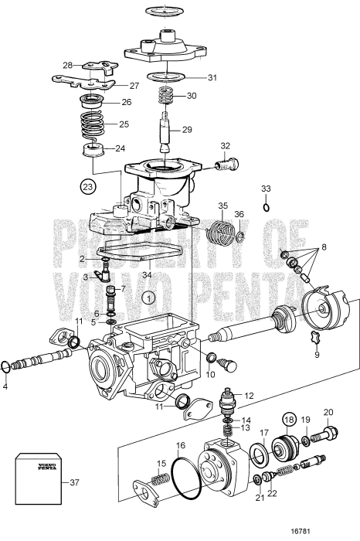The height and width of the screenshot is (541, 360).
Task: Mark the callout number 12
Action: point(248,396)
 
